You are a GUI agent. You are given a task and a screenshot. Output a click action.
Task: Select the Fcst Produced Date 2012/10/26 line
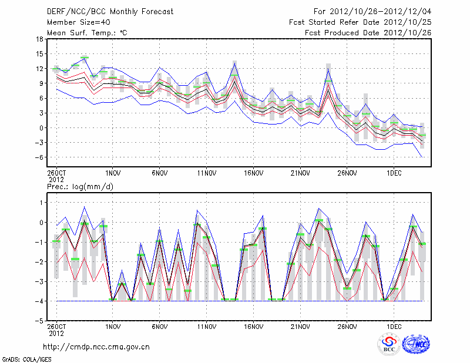[x=368, y=32]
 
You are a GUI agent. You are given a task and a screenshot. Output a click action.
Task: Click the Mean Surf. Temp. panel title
[x=87, y=32]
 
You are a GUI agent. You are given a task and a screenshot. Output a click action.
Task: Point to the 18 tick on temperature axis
[x=39, y=39]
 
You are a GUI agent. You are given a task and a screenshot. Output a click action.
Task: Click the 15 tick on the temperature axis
[x=39, y=54]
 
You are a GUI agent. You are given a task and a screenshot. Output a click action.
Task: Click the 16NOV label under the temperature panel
[x=253, y=173]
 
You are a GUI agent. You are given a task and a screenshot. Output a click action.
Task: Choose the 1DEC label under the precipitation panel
[x=394, y=326]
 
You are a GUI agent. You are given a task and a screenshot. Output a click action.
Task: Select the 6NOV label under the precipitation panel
[x=160, y=326]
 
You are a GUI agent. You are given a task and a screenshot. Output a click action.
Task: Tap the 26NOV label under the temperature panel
[x=347, y=173]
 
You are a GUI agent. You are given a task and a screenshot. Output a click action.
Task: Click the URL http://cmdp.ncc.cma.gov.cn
[x=96, y=347]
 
